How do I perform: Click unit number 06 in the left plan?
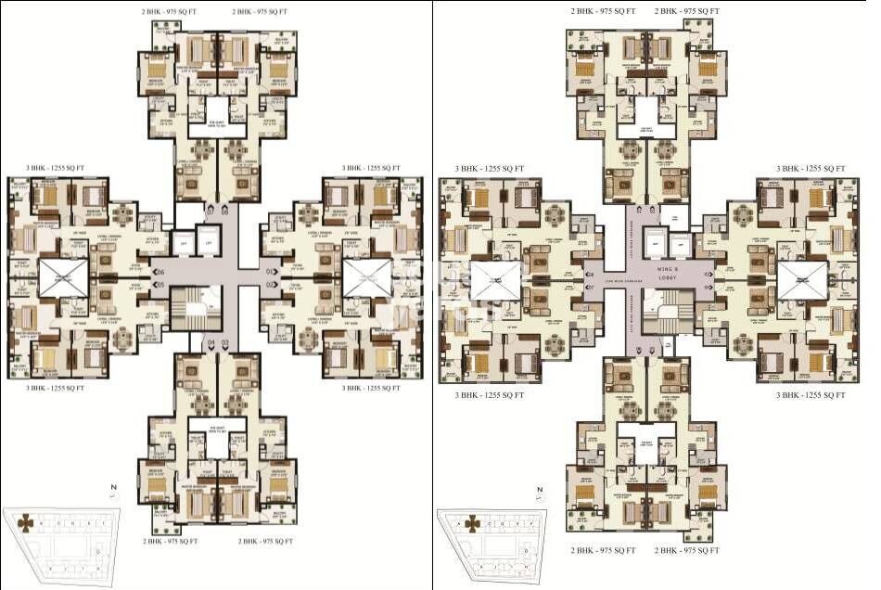click(x=160, y=271)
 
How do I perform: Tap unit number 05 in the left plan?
click(x=160, y=284)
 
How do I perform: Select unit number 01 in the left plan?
click(x=270, y=271)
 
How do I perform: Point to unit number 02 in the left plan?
click(x=270, y=284)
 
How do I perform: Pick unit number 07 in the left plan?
click(x=211, y=212)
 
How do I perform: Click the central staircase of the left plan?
click(x=198, y=310)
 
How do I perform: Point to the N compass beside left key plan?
click(x=110, y=491)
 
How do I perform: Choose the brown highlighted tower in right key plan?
click(x=472, y=523)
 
